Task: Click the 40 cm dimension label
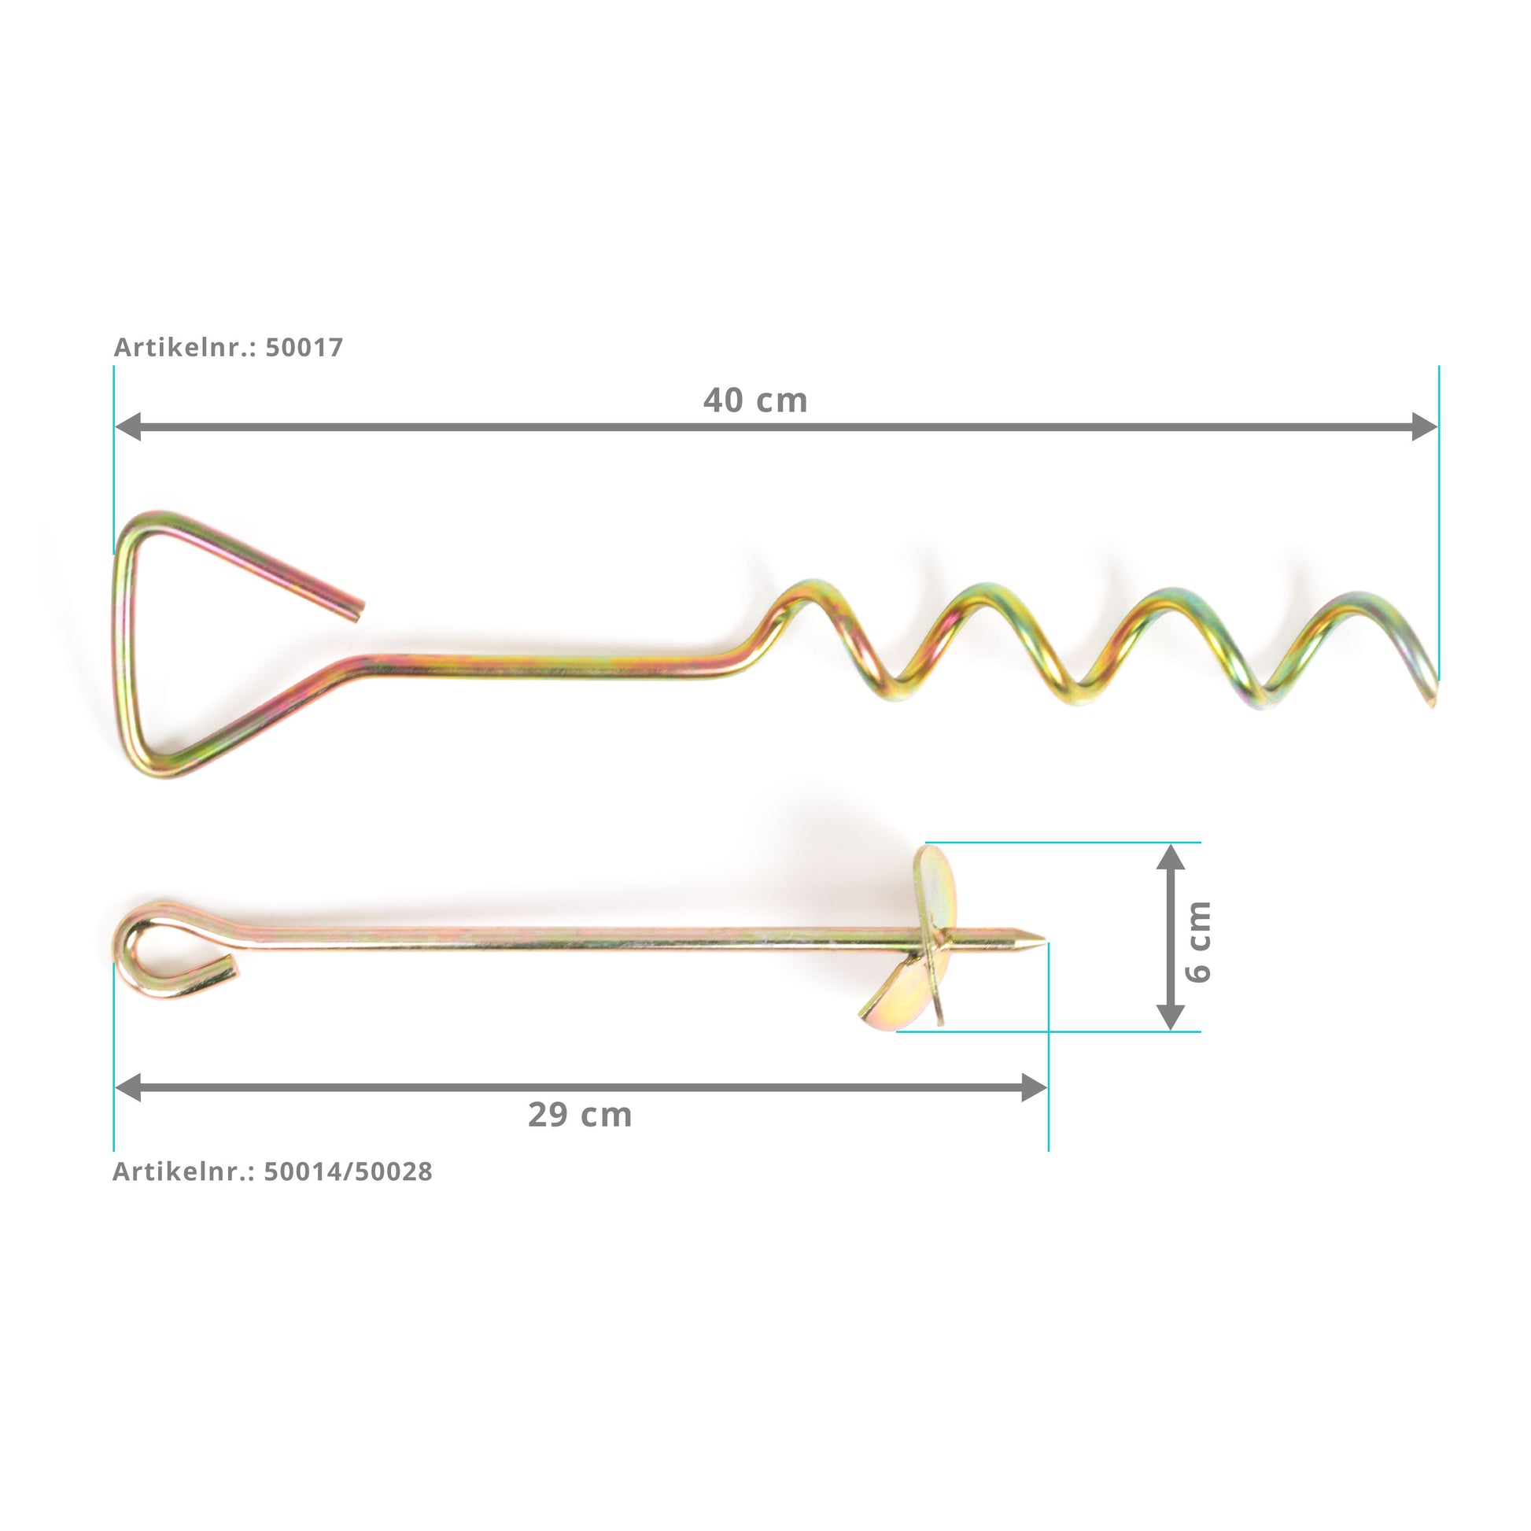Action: tap(755, 400)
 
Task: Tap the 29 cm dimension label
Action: tap(580, 1115)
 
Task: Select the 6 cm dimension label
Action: tap(1198, 942)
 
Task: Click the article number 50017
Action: tap(304, 347)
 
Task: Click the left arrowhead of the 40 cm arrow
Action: tap(127, 426)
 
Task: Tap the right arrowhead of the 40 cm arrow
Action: tap(1425, 426)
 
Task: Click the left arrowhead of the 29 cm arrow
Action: tap(127, 1087)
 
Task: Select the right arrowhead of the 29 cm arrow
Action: tap(1035, 1087)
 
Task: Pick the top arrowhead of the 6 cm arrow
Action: tap(1171, 857)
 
